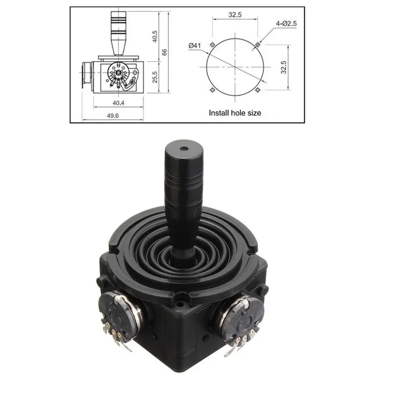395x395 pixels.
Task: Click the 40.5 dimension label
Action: [x=155, y=37]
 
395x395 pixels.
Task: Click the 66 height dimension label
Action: [x=164, y=52]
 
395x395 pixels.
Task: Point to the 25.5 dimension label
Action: [x=155, y=77]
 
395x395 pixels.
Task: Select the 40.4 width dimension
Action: [x=118, y=103]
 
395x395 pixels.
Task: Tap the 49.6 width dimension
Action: [x=113, y=116]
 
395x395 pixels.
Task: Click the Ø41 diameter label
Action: [x=195, y=45]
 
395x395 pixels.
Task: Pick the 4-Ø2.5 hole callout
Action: [x=286, y=24]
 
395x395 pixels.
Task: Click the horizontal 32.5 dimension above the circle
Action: [x=235, y=15]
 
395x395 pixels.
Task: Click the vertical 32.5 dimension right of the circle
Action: [x=283, y=67]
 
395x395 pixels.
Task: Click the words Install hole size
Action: [x=235, y=113]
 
